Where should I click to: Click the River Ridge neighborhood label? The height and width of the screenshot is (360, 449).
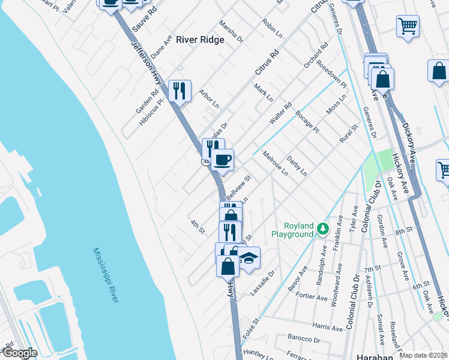(200, 40)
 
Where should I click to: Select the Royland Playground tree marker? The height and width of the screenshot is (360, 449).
(323, 229)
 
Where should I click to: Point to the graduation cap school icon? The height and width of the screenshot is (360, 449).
(248, 258)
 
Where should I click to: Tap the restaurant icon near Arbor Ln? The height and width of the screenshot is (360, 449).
(179, 92)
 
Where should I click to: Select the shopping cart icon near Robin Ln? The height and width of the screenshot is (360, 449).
(408, 26)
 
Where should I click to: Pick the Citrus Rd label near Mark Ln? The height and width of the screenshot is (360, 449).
(268, 62)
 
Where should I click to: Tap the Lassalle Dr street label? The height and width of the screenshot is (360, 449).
(262, 282)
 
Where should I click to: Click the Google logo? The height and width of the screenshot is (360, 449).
(19, 353)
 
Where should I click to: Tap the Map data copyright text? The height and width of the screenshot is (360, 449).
(424, 355)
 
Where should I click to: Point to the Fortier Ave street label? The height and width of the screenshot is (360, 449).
(313, 297)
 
